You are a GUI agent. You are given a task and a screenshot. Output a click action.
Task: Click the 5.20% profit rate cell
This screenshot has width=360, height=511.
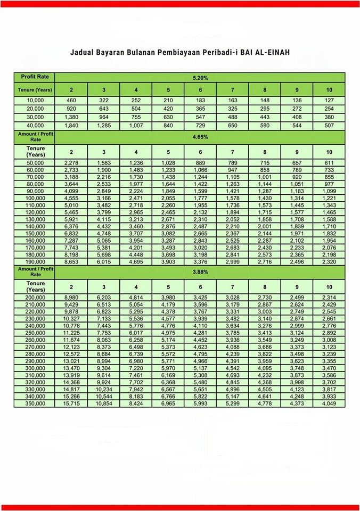coord(200,78)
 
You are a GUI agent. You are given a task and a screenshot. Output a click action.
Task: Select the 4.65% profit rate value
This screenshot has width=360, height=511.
coord(200,136)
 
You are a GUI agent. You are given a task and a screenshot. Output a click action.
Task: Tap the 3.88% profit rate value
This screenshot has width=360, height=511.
coord(200,271)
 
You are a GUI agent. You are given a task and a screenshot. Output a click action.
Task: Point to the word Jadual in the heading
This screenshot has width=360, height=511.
coord(83,53)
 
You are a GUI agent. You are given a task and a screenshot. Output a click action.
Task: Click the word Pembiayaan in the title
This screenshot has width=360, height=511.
coord(181,53)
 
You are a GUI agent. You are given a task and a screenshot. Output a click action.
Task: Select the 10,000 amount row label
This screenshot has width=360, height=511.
coord(35,101)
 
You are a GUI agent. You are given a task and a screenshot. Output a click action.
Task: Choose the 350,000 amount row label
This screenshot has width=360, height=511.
coord(35,403)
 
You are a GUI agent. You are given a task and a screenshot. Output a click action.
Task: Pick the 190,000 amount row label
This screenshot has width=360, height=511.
coord(35,261)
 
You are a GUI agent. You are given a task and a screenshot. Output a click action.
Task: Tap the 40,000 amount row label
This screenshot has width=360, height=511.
coord(35,126)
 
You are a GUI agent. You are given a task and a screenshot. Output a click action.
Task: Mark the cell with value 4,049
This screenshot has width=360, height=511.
coord(329,403)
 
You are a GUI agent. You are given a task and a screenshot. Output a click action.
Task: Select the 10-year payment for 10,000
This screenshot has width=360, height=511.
coord(329,101)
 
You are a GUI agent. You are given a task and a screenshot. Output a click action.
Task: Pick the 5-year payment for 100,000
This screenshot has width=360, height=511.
coord(168,197)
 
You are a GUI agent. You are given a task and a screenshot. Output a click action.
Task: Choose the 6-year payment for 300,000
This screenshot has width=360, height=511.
coord(200,367)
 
